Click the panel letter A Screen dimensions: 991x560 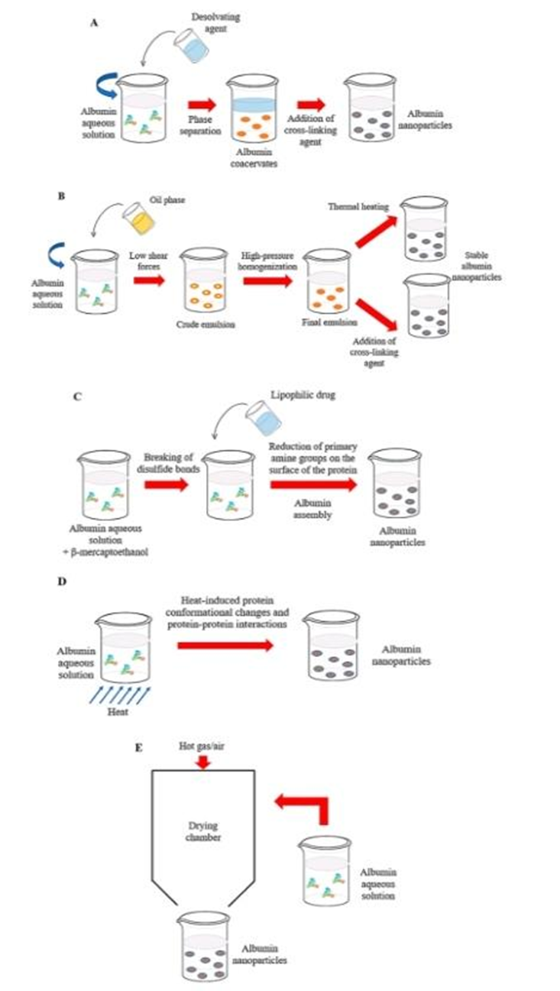click(x=94, y=23)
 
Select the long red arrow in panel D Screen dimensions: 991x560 click(x=224, y=646)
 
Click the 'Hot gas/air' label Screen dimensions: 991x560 click(x=201, y=740)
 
